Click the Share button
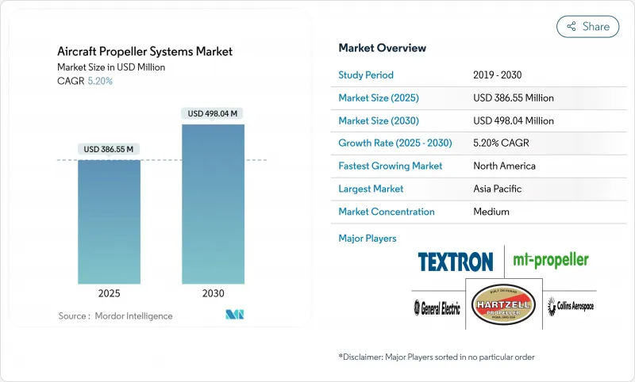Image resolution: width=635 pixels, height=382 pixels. (587, 26)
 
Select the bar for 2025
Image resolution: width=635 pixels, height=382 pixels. (109, 222)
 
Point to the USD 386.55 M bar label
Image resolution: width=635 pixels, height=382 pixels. (109, 149)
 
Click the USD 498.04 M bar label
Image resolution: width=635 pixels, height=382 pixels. (213, 113)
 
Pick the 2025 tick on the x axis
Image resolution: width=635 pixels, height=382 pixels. (109, 293)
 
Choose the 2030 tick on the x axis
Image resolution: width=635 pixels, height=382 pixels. (213, 293)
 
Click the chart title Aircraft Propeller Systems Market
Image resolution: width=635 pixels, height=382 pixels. (145, 52)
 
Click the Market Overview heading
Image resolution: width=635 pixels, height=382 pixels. (383, 48)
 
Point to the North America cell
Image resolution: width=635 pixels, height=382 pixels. (504, 166)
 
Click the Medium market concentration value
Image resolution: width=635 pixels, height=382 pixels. (491, 212)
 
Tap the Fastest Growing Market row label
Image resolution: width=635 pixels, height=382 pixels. (391, 166)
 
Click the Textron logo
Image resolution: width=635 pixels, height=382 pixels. (456, 261)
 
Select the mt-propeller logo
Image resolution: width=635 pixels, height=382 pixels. (550, 260)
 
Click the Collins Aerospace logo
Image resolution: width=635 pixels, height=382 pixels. (570, 306)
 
